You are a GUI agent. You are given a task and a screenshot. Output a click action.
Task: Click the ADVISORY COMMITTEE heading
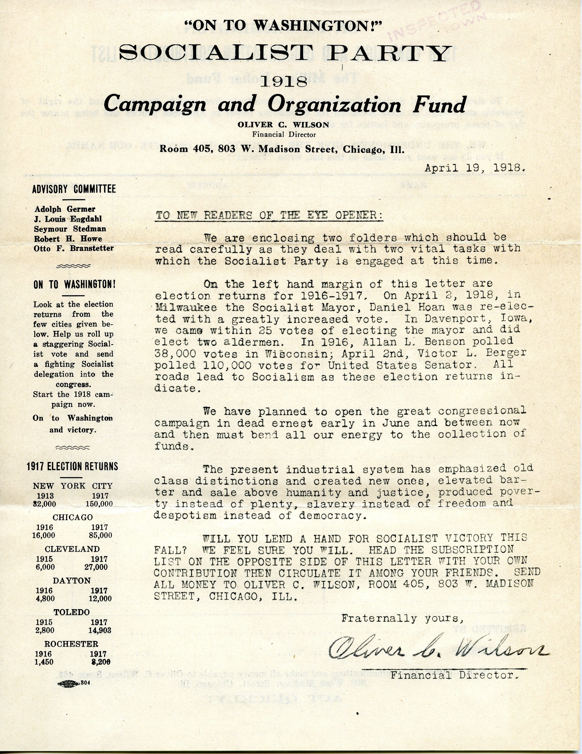coord(74,189)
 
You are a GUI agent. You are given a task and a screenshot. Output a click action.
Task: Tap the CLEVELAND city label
coord(72,549)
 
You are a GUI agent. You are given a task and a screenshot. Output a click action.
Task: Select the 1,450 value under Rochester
coord(45,662)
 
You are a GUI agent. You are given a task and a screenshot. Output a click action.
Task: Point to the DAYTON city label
coord(72,581)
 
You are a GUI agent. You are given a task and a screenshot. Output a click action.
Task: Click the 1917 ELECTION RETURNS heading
coord(72,466)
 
